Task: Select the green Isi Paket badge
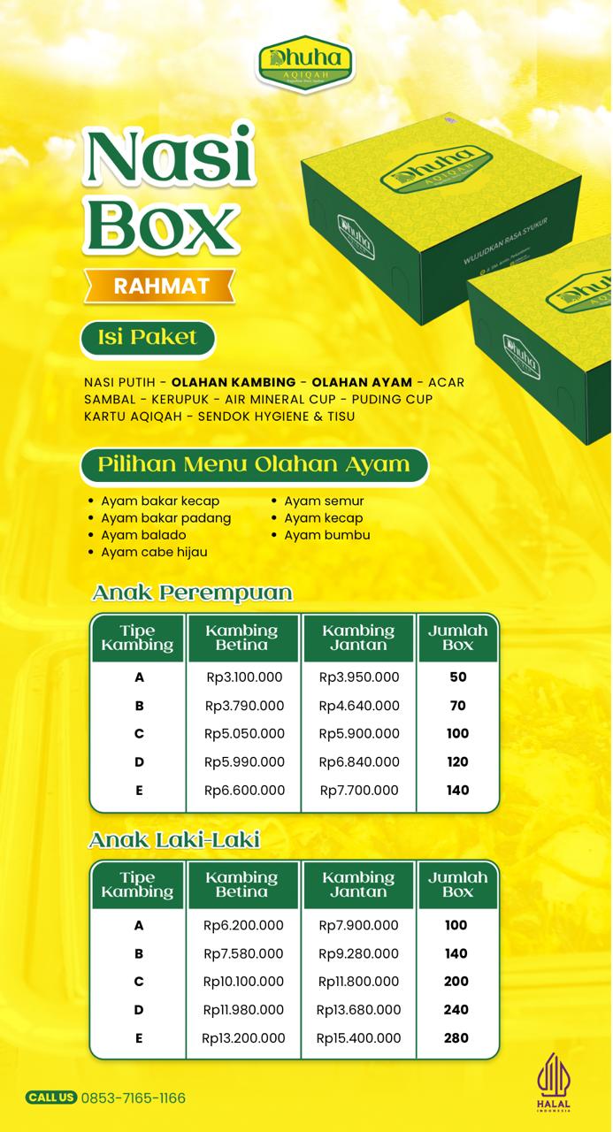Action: click(148, 337)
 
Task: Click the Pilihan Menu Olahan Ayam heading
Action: click(254, 464)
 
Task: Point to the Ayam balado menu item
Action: click(143, 535)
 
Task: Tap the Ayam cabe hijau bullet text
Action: click(154, 552)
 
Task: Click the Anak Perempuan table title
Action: click(192, 593)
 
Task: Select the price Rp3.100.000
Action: click(243, 677)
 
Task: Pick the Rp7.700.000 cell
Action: click(359, 791)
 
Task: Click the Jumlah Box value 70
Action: click(457, 706)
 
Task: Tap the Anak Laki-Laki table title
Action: click(175, 839)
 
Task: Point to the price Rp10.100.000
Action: click(243, 982)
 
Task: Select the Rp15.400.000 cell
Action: click(358, 1038)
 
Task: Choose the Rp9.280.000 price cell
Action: click(359, 953)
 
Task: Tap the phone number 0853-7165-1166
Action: click(134, 1098)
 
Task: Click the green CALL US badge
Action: click(51, 1098)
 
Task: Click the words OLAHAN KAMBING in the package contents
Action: click(234, 382)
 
